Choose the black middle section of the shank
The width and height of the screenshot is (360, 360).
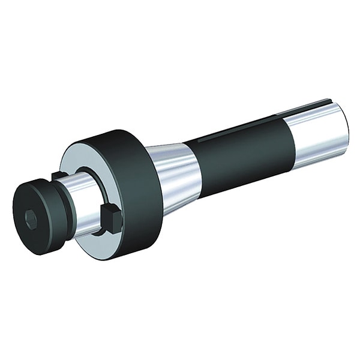[x=240, y=150]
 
